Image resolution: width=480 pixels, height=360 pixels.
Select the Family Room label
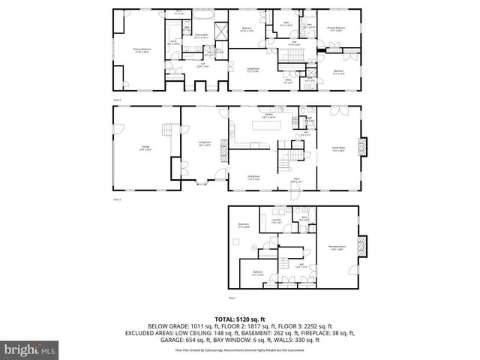point(337,149)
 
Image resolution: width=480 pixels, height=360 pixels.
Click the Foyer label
point(296,179)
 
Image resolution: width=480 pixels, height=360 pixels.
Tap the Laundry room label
point(276,221)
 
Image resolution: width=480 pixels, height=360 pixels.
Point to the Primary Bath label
point(202,36)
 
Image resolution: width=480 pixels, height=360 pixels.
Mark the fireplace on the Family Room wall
point(364,146)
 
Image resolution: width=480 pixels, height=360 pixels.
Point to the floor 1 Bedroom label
point(257,273)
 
